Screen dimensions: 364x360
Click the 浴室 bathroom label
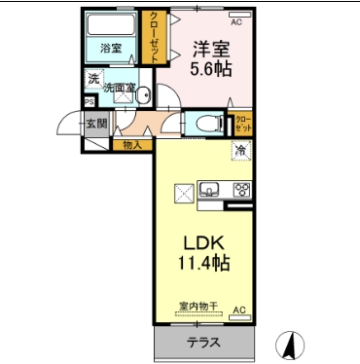(110, 48)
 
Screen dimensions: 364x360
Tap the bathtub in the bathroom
(110, 25)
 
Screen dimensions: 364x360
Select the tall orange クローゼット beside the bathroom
(154, 37)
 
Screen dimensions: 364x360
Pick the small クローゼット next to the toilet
(241, 124)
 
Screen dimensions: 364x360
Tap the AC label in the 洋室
(236, 19)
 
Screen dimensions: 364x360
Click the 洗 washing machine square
(93, 79)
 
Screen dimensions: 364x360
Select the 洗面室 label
(120, 88)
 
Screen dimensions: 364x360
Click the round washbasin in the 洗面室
(142, 94)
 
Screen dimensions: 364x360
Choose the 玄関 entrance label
(95, 123)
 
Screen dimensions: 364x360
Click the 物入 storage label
(131, 145)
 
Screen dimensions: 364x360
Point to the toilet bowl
(206, 124)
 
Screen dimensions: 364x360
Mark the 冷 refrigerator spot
(239, 151)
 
